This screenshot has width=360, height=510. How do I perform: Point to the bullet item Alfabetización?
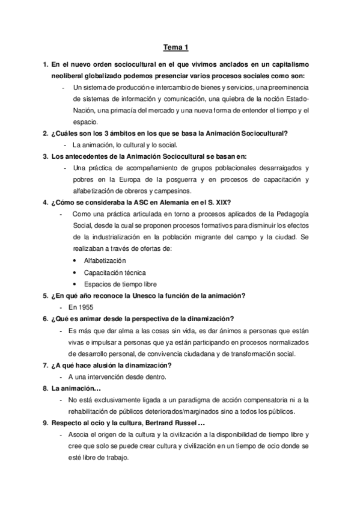click(105, 260)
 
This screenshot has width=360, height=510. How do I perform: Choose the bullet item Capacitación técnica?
click(115, 272)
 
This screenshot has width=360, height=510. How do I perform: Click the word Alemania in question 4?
click(156, 202)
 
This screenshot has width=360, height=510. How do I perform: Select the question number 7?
click(45, 365)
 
